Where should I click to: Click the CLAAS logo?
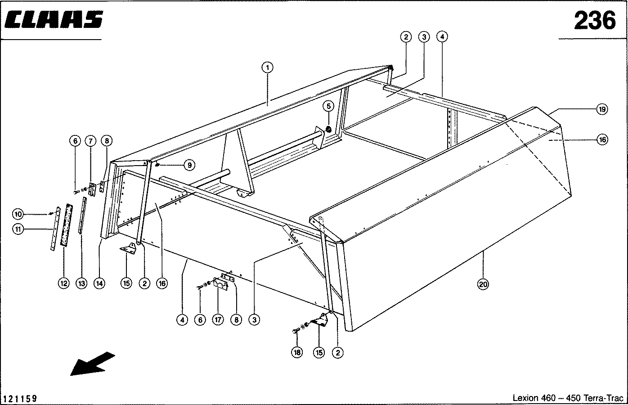pos(54,19)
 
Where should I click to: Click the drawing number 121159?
pos(20,399)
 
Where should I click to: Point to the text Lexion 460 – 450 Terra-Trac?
pos(568,398)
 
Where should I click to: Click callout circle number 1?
pos(267,68)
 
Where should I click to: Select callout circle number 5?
pos(328,106)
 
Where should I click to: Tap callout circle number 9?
pos(190,166)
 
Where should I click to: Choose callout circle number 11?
pos(18,229)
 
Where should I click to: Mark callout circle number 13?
pos(81,283)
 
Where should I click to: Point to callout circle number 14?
pos(99,283)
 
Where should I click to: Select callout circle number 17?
pos(218,320)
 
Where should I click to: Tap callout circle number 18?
pos(297,353)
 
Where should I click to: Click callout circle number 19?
pos(602,109)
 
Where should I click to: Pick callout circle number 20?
pos(483,284)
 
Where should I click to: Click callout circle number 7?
pos(90,141)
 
